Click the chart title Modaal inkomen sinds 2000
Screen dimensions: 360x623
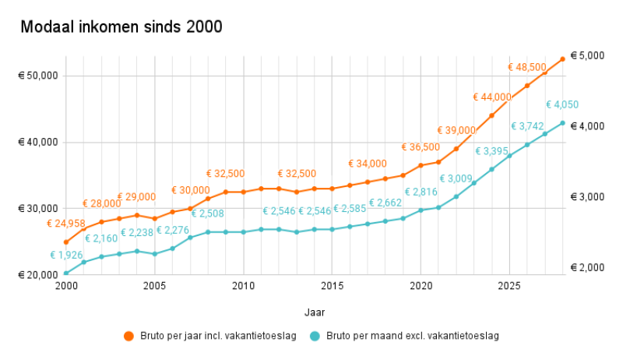[121, 27]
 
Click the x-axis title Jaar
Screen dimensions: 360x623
[314, 311]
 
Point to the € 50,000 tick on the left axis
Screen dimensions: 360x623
[39, 76]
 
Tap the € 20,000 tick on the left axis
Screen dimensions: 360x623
[39, 275]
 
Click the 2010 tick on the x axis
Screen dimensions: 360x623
[244, 286]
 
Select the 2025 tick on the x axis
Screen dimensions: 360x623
[509, 286]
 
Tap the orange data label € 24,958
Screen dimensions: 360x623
[69, 224]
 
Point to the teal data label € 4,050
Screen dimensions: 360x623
[561, 105]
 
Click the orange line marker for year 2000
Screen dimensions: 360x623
[66, 242]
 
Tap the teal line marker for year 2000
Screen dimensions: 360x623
[66, 273]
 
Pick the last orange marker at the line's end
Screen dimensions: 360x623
[562, 59]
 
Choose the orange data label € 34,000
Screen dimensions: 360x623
[368, 164]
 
